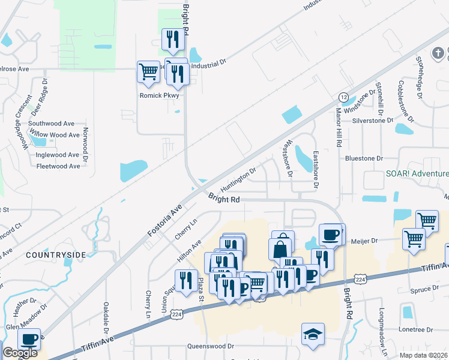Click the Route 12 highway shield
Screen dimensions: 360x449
(x=343, y=97)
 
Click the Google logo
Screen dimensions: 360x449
(x=20, y=353)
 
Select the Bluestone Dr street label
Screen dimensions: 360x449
(x=364, y=158)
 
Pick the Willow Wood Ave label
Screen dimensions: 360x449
(x=54, y=135)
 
